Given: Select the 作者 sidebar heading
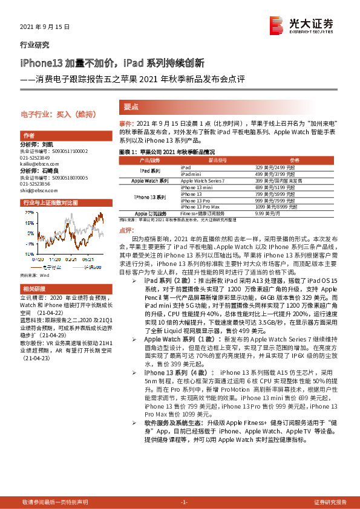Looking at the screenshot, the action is [28, 135].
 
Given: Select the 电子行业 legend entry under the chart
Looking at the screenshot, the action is [51, 266].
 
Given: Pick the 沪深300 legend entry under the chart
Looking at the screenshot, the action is [92, 266].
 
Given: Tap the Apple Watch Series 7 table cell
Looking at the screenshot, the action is [202, 181].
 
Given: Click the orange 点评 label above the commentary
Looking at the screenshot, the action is [126, 230].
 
